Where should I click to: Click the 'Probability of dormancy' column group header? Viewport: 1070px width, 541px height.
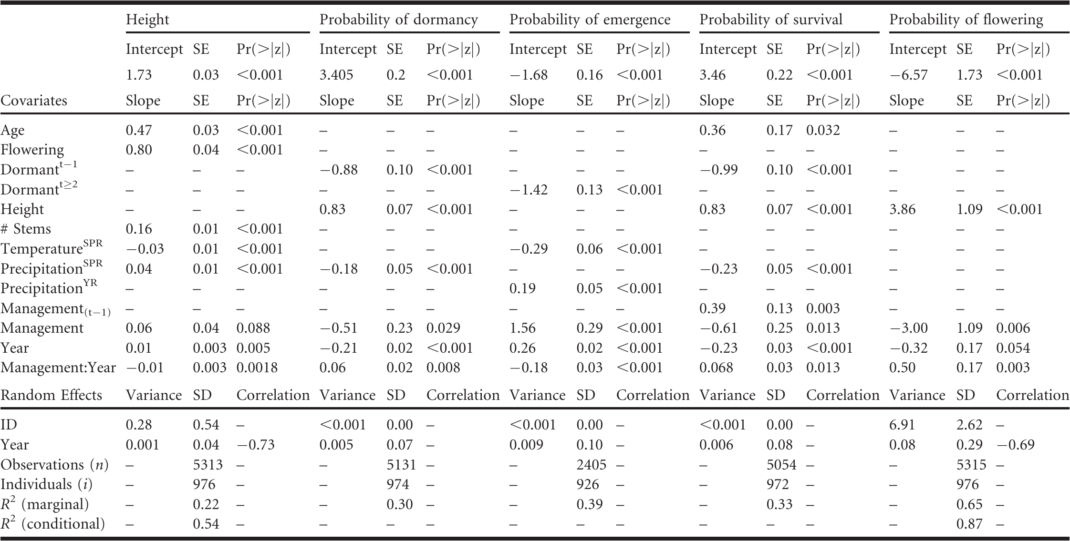[x=399, y=20]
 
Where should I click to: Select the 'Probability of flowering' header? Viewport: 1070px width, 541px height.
[x=966, y=20]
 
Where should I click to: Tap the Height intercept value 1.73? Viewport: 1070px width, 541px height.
[x=139, y=75]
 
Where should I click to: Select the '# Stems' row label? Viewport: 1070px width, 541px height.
[x=26, y=229]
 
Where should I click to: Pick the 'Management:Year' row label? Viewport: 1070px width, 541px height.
[x=58, y=367]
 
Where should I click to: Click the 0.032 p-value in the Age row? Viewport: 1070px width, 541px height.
[x=823, y=130]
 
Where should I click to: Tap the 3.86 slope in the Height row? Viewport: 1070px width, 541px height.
[x=903, y=209]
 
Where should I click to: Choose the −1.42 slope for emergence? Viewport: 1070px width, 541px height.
[x=529, y=190]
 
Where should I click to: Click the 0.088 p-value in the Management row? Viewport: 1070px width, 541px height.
[x=253, y=328]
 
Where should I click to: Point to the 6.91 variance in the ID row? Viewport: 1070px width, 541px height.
[x=903, y=425]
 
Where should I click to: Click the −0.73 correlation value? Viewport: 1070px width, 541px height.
[x=256, y=445]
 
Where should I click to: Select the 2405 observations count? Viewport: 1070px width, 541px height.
[x=592, y=465]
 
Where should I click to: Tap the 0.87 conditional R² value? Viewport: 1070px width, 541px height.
[x=970, y=524]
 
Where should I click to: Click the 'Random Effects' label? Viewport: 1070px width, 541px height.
[x=52, y=395]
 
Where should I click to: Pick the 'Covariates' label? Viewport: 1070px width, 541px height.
[x=34, y=101]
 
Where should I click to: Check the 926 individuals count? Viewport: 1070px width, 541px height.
[x=588, y=484]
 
